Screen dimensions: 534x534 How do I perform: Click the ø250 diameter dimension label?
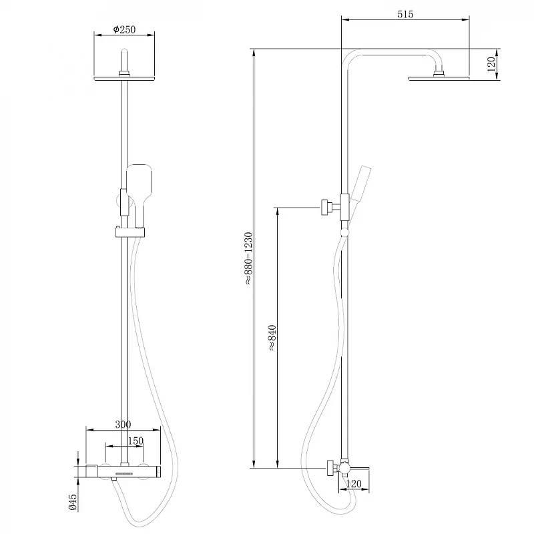[124, 29]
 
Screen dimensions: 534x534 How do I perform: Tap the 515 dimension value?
[405, 14]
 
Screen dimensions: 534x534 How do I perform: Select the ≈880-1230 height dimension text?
[248, 258]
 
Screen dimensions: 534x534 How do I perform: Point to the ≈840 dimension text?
[272, 338]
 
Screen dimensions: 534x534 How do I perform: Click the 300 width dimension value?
[123, 425]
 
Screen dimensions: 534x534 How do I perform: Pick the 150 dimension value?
[136, 441]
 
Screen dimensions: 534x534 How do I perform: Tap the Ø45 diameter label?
[73, 503]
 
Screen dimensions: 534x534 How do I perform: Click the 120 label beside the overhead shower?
[491, 64]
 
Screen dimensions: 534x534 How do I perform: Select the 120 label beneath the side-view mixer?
[354, 483]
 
